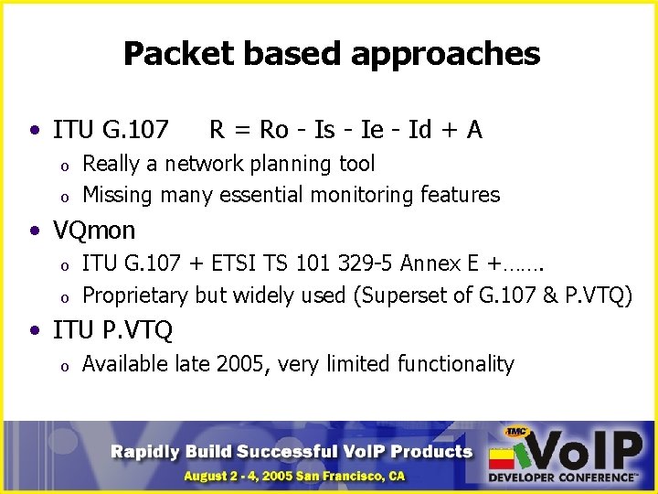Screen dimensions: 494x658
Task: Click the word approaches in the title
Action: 445,55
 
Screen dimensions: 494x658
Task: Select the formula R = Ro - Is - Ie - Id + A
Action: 345,130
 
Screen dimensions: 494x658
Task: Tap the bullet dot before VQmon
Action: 34,231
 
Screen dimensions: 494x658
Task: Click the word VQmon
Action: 94,230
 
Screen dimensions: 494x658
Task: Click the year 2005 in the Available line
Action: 243,364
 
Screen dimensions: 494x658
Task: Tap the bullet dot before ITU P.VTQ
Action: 34,330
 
